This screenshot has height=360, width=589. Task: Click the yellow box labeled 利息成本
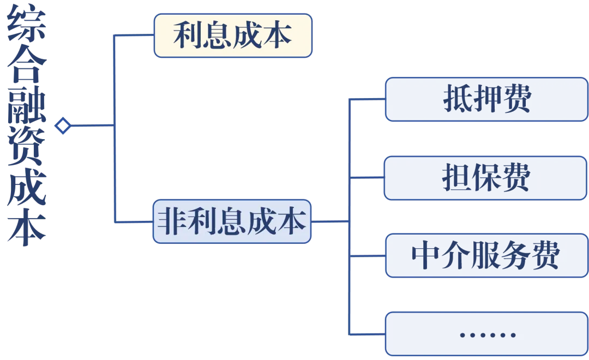[x=233, y=35]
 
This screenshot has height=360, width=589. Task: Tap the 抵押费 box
[x=486, y=99]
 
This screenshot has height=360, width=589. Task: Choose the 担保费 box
[x=486, y=178]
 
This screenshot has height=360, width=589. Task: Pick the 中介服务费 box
[x=486, y=255]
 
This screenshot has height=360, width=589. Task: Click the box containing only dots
[x=486, y=334]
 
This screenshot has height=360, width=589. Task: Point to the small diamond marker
[x=63, y=126]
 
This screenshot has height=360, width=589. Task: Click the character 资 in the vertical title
[x=26, y=149]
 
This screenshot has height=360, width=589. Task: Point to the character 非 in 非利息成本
[x=170, y=222]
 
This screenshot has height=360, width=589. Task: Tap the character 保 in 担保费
[x=486, y=178]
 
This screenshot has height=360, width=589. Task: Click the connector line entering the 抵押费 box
[x=368, y=99]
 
